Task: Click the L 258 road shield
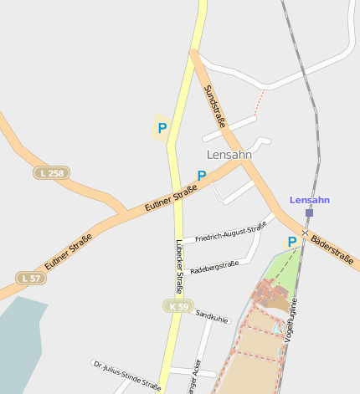tap(51, 173)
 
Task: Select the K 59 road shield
tap(178, 306)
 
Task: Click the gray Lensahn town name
tap(229, 155)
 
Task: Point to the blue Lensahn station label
tap(310, 200)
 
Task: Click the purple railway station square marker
tap(309, 213)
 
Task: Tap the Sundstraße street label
tap(215, 106)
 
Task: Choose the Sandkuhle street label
tap(211, 316)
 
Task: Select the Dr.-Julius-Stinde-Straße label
tap(126, 376)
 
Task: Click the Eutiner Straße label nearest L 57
tap(68, 251)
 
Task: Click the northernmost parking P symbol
tap(162, 128)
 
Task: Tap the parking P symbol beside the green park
tap(292, 242)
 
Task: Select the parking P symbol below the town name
tap(202, 176)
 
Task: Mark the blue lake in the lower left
tap(19, 343)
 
